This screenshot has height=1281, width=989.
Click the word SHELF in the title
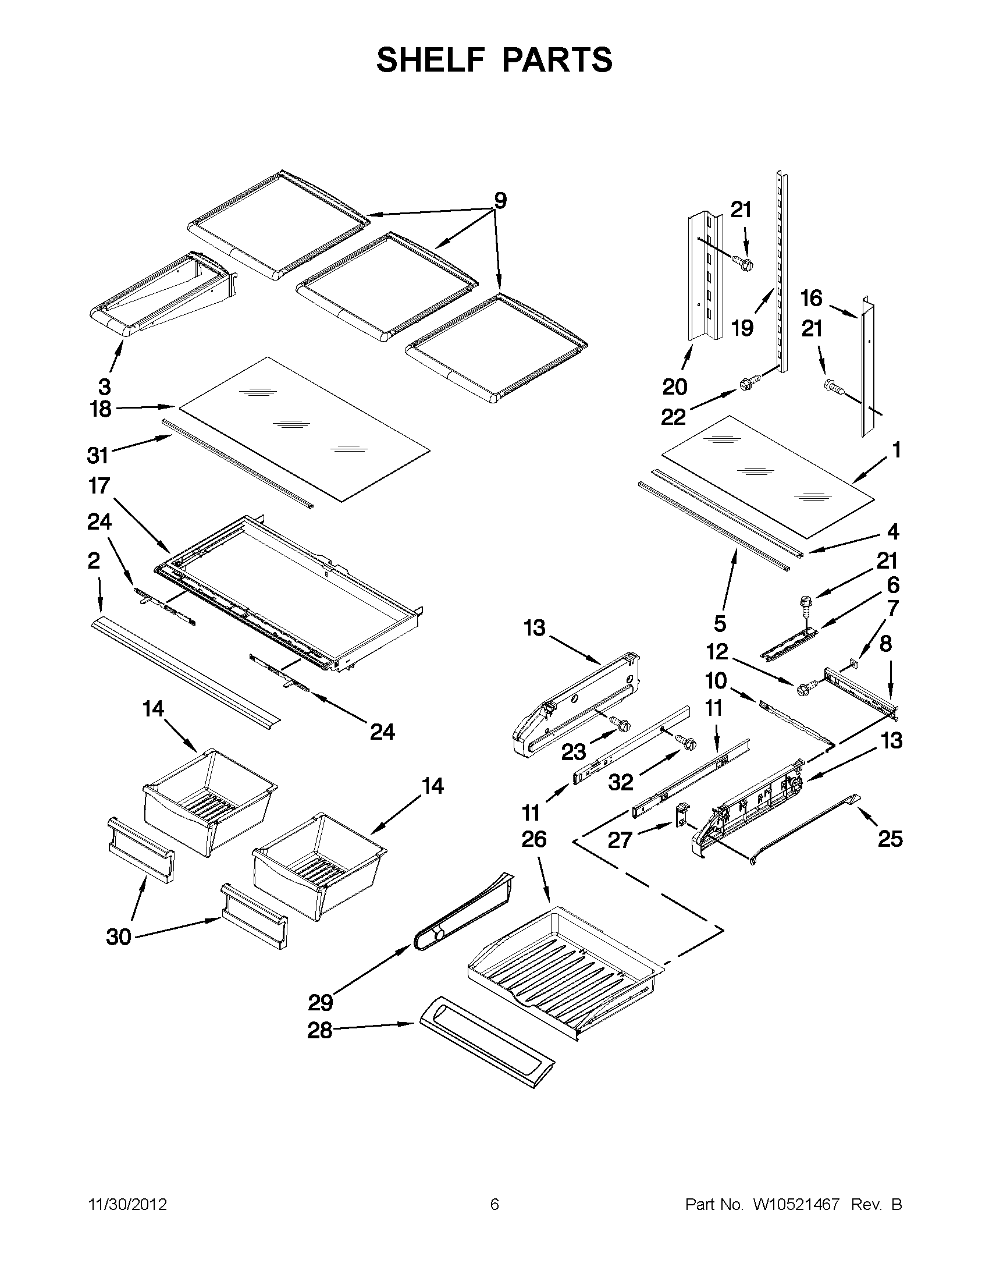click(426, 61)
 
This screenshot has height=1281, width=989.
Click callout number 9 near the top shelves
click(500, 201)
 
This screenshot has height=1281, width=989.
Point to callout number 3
click(104, 386)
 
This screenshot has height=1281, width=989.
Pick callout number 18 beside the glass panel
click(101, 409)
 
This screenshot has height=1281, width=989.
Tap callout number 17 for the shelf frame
click(99, 486)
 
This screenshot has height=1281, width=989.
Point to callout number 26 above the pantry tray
click(533, 839)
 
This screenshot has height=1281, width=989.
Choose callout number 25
click(890, 839)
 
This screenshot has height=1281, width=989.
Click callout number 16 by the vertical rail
click(812, 299)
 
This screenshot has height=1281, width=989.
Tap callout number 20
click(674, 387)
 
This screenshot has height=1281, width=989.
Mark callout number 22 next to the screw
click(673, 417)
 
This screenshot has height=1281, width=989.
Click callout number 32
click(621, 782)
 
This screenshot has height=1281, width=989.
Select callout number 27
click(620, 840)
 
